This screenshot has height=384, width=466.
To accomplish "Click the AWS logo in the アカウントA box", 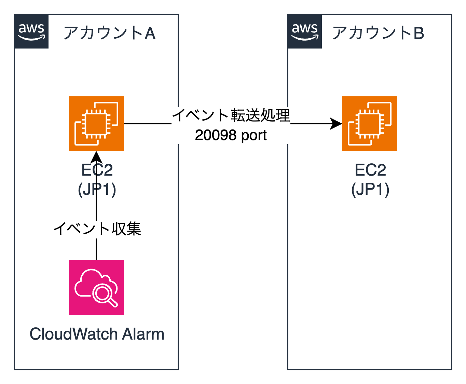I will click(x=31, y=31).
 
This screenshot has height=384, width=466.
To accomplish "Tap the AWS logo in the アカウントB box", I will click(x=305, y=31).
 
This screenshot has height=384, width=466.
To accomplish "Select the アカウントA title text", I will click(x=109, y=33).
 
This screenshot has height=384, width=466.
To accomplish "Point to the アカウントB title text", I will click(x=378, y=33).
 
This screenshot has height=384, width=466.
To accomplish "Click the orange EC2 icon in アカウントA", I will click(x=96, y=124).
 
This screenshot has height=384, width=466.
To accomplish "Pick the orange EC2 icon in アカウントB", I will click(x=370, y=124).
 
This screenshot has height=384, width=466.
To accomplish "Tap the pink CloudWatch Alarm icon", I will click(x=96, y=288).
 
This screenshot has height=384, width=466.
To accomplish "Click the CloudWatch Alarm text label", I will click(x=97, y=334).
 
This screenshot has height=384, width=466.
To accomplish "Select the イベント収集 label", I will click(x=97, y=229).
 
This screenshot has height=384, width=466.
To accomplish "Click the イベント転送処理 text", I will click(x=231, y=115).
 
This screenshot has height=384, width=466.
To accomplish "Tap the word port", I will click(x=254, y=136).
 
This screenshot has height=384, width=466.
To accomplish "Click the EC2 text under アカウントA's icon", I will click(x=97, y=170).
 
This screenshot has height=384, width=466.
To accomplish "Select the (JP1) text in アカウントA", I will click(x=97, y=189).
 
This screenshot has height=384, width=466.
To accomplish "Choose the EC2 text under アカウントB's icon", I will click(x=370, y=170).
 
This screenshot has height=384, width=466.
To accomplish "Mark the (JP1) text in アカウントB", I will click(x=370, y=189).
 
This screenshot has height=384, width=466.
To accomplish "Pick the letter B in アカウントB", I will click(x=419, y=33).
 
